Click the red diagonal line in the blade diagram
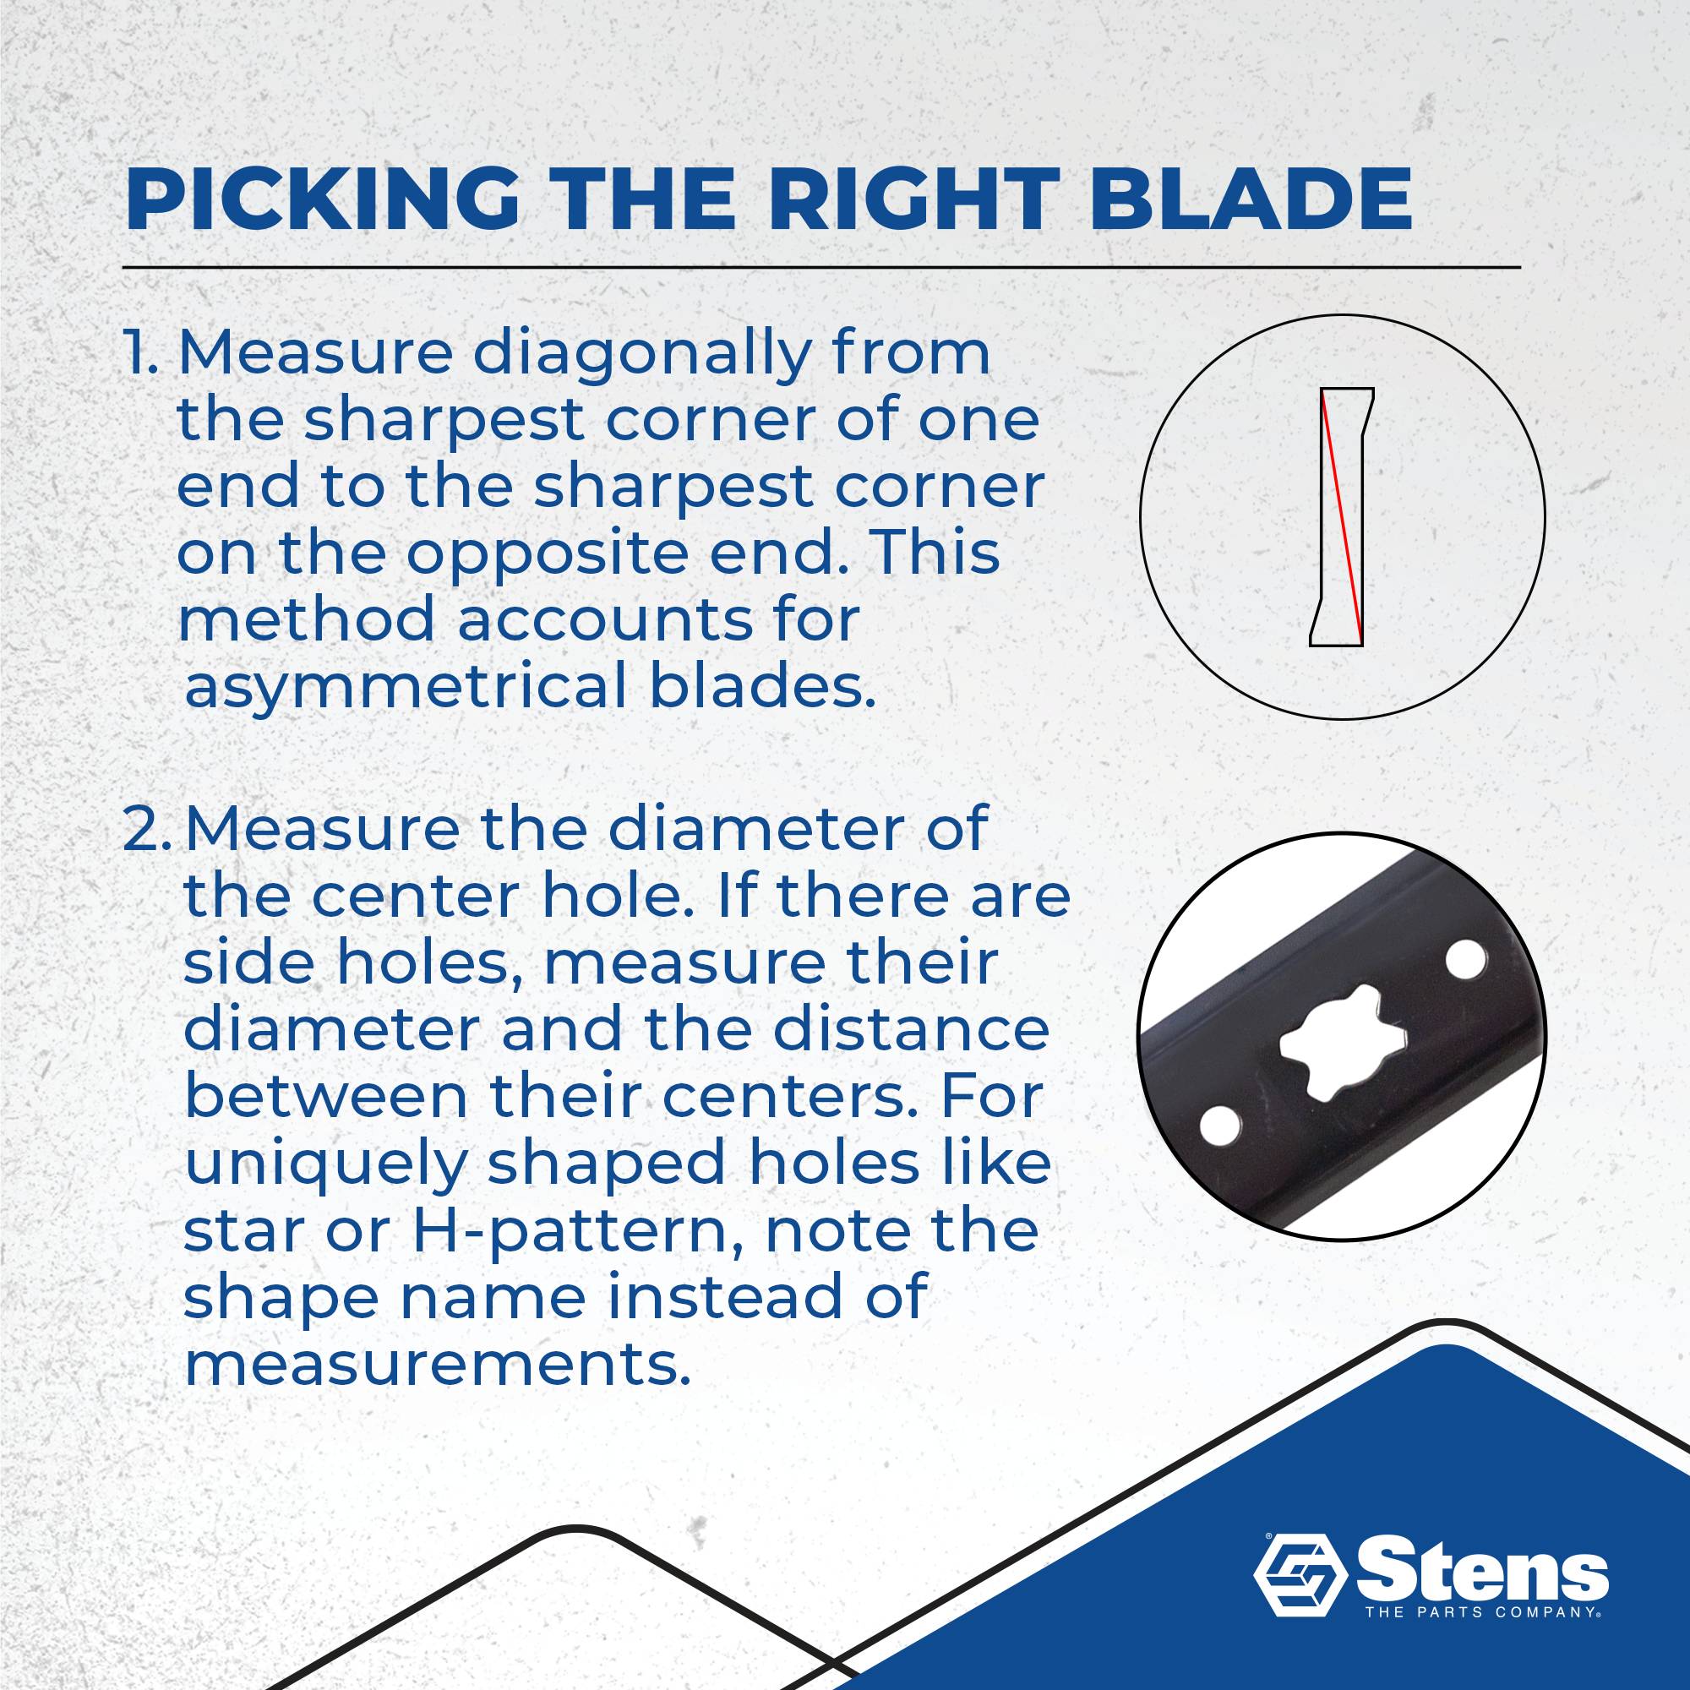1342,516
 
